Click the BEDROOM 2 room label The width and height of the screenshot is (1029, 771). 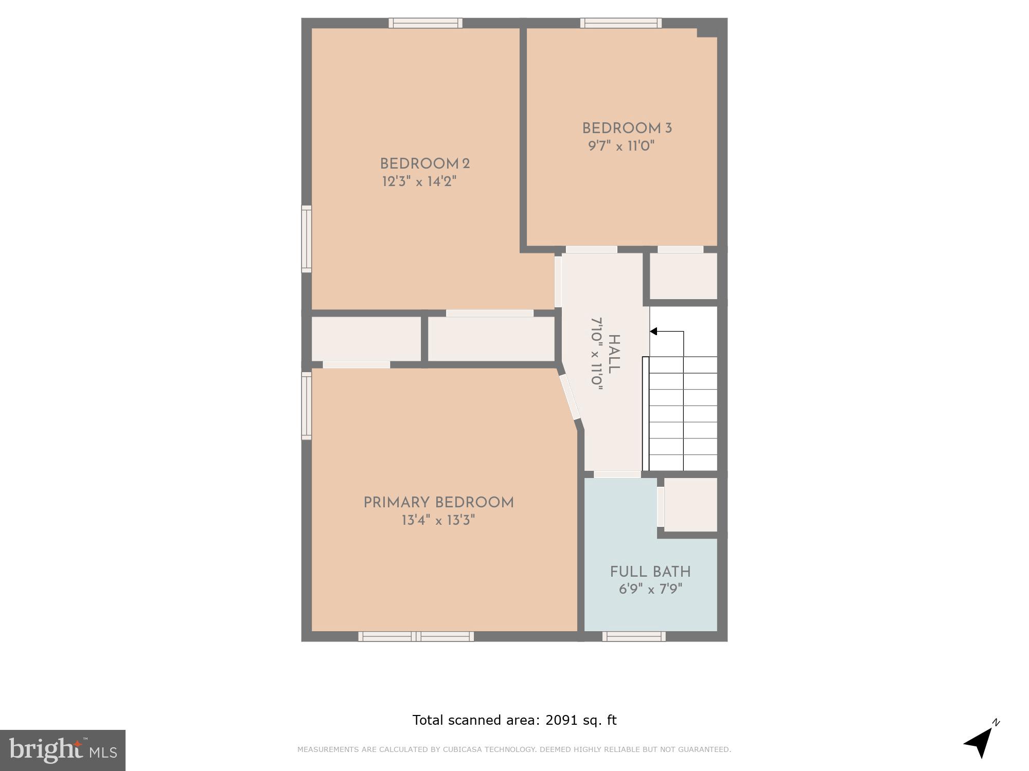[x=424, y=164]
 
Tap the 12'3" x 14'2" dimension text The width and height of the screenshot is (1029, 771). [x=419, y=181]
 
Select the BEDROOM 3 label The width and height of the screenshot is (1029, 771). [x=627, y=128]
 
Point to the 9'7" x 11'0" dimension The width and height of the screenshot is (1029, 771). [x=621, y=146]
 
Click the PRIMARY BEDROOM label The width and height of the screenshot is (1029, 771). [x=438, y=503]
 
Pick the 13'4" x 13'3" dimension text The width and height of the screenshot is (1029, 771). [x=438, y=520]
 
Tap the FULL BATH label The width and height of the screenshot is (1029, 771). [x=650, y=572]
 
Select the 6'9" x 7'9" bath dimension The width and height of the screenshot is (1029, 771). [x=650, y=589]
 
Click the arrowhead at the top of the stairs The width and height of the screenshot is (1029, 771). [x=653, y=332]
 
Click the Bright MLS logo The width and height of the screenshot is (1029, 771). [x=62, y=750]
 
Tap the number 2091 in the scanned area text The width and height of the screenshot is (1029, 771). [x=562, y=720]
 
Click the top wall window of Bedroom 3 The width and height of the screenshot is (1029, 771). [x=621, y=23]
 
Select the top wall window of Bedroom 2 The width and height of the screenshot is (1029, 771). [x=425, y=23]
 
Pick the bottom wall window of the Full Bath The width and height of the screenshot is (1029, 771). [x=634, y=636]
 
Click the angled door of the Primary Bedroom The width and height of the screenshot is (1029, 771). [x=570, y=397]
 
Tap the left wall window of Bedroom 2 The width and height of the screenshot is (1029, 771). [x=306, y=239]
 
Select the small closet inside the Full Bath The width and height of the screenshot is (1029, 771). [x=690, y=505]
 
